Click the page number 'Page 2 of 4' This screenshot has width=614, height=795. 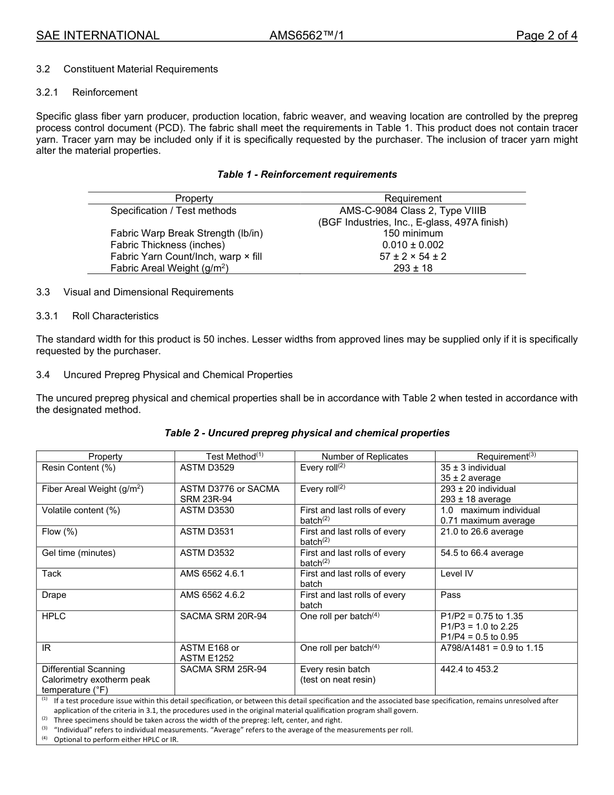546,36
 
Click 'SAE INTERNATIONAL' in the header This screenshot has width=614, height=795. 98,36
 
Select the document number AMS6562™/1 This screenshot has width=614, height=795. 306,36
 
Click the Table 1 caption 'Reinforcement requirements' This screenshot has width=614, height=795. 307,175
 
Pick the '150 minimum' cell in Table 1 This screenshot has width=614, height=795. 412,233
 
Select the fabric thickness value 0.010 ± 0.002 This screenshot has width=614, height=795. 412,245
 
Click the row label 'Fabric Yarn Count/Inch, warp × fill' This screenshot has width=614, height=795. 186,257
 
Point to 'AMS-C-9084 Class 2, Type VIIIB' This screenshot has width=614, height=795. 412,211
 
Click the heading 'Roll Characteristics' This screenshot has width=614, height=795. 115,316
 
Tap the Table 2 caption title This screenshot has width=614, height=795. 307,433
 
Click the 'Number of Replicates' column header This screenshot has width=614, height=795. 365,456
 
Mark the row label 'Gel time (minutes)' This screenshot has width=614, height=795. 79,553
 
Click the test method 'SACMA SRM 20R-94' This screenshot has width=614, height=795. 223,616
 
